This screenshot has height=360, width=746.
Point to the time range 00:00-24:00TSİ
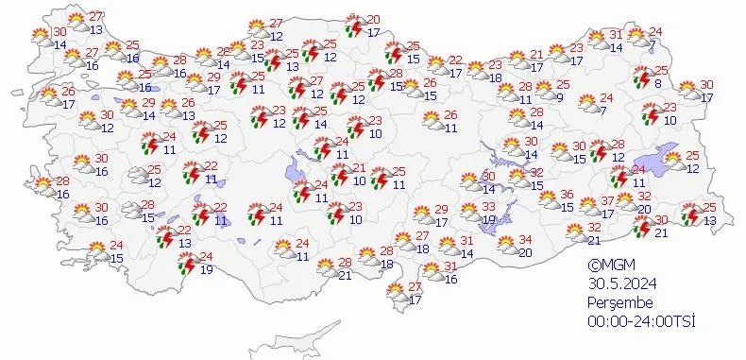[640, 322]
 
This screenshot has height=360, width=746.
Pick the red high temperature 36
[568, 195]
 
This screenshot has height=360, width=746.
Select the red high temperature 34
[526, 240]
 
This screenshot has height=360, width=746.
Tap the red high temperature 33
[488, 207]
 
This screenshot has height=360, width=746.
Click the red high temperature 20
[374, 20]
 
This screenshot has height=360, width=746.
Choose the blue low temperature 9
[561, 97]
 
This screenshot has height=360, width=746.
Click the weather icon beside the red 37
[589, 205]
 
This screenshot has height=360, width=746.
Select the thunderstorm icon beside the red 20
[354, 26]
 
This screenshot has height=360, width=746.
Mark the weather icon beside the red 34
[506, 245]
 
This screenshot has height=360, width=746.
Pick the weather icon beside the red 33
[468, 212]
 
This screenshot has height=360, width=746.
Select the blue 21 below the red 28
[345, 275]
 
